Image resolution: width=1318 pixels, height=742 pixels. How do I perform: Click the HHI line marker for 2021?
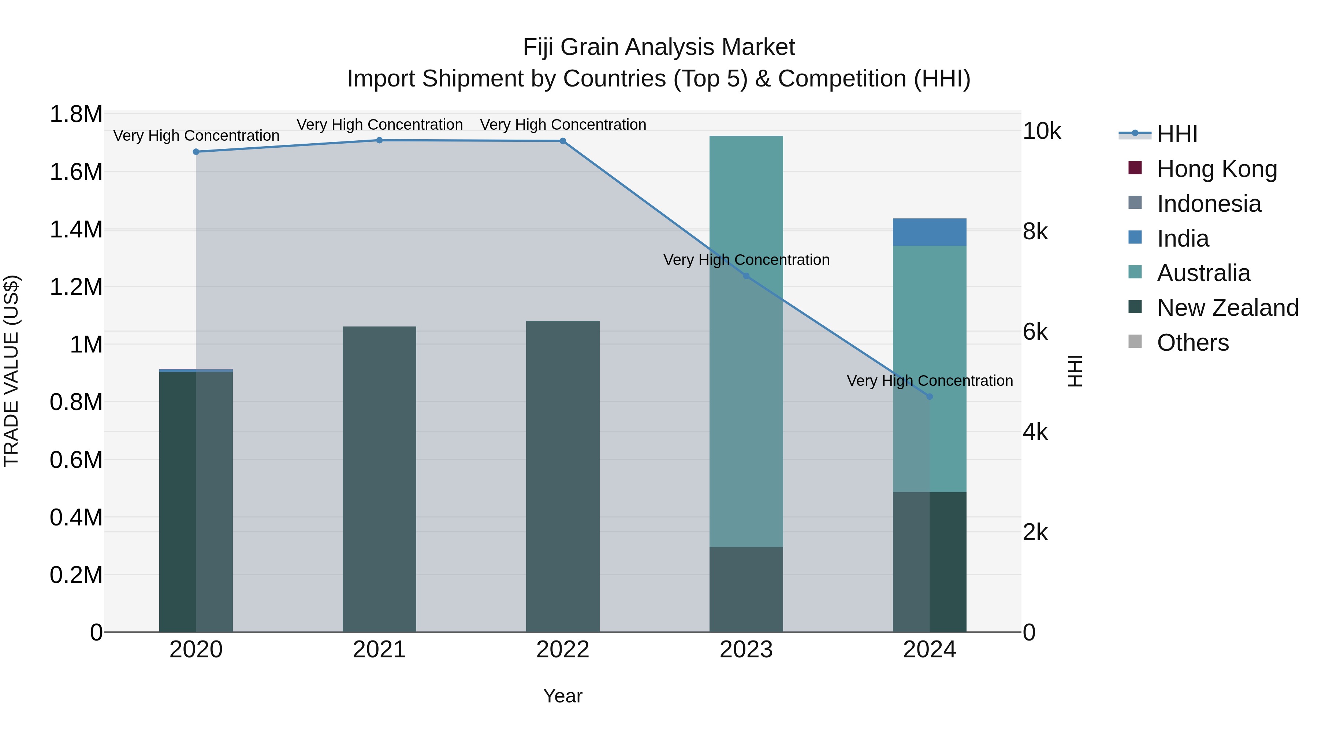[379, 140]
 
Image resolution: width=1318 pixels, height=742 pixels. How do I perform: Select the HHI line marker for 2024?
[929, 396]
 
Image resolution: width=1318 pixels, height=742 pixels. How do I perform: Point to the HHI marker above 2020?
[196, 152]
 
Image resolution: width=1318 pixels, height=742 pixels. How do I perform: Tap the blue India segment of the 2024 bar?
[929, 232]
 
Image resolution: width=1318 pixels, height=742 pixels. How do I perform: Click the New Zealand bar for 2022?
[562, 476]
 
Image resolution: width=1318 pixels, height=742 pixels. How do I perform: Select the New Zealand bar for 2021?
[379, 479]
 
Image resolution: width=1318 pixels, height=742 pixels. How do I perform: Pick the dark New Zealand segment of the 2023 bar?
[746, 589]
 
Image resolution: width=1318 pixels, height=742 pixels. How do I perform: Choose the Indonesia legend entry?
[1209, 204]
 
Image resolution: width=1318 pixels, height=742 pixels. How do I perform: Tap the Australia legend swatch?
[1135, 272]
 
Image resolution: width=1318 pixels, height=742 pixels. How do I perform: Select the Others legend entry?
[1192, 343]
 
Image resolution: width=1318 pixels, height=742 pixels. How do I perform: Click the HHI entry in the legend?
[1177, 134]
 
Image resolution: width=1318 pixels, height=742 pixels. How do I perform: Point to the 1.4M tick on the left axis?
[76, 229]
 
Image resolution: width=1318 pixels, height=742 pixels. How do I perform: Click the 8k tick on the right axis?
[1035, 232]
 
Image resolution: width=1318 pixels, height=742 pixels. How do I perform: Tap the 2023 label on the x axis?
[746, 650]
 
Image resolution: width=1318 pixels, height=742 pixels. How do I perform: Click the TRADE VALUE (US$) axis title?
[11, 371]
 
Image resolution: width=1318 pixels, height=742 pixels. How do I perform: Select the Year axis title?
[562, 696]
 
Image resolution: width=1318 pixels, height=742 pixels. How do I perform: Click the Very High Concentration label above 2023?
[746, 260]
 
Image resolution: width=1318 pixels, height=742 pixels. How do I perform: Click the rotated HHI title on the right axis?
[1076, 371]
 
